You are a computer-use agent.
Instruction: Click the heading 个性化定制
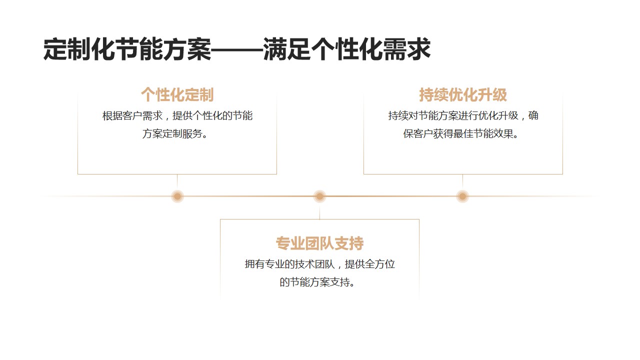177,94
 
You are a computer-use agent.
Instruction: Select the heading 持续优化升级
463,94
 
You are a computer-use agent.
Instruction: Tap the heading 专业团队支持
319,243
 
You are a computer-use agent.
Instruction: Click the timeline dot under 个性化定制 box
177,196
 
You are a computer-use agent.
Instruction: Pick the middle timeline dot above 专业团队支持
319,196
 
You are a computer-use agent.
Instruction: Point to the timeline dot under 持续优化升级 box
462,196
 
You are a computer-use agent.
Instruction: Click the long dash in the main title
237,50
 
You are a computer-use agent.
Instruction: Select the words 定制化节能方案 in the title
127,49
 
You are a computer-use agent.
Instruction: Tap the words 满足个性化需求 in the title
346,49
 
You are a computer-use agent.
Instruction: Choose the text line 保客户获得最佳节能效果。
461,133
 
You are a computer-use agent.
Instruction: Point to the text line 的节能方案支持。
317,282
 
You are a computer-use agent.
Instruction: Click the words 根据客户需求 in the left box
132,115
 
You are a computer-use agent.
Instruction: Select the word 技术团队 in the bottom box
314,264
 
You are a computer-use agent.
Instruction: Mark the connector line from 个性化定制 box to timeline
177,182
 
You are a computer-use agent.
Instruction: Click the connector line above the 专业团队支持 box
319,211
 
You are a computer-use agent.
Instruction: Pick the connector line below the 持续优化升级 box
462,182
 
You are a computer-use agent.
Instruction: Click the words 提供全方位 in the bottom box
369,264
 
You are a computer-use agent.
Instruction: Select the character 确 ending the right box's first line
533,115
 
